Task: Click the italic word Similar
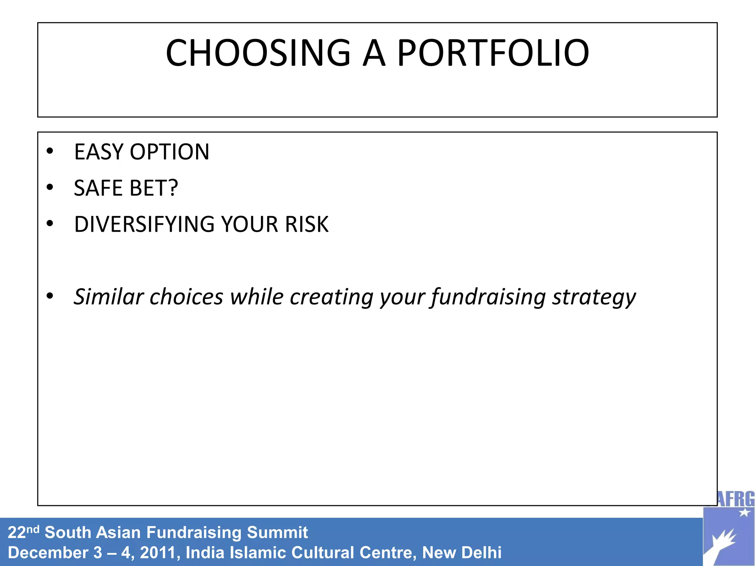[x=108, y=297]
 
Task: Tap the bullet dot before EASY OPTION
[x=50, y=151]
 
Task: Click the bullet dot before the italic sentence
[x=50, y=296]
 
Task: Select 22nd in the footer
[x=23, y=532]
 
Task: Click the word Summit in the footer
[x=277, y=532]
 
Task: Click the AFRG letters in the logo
[x=736, y=499]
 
